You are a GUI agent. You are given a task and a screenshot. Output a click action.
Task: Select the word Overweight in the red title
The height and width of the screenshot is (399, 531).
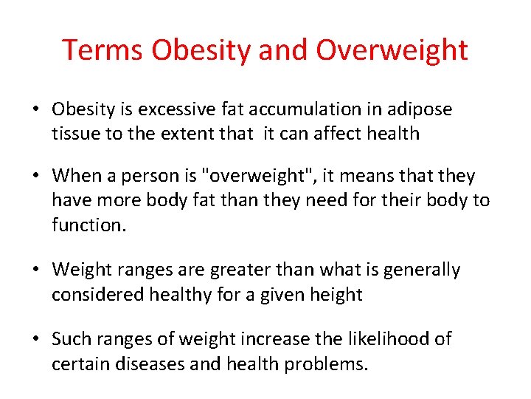[392, 50]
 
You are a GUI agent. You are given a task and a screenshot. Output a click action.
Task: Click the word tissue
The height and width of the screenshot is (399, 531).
[74, 134]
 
